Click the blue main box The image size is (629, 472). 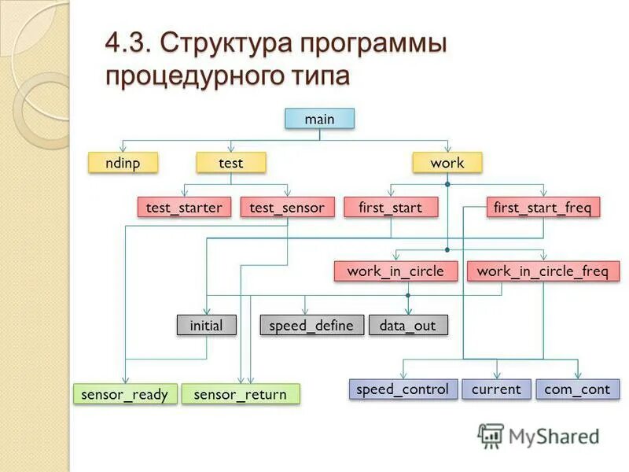tap(319, 119)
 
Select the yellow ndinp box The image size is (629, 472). tap(122, 163)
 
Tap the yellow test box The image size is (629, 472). tap(231, 163)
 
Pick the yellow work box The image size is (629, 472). tap(447, 163)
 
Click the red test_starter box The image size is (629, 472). tap(184, 208)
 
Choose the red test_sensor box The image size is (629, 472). tap(287, 208)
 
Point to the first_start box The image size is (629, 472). tap(391, 208)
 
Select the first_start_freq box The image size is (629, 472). tap(543, 208)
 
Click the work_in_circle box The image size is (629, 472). tap(395, 271)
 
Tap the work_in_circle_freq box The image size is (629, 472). tap(543, 271)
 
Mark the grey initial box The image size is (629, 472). tap(206, 325)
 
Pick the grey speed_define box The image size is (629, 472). tap(311, 325)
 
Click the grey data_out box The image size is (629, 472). tap(407, 325)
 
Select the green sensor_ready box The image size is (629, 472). tap(125, 394)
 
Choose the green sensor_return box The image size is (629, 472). tap(241, 394)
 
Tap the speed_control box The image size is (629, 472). tap(403, 389)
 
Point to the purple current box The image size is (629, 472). tap(496, 389)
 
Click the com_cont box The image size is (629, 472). tap(577, 389)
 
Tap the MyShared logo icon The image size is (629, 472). tap(491, 436)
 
